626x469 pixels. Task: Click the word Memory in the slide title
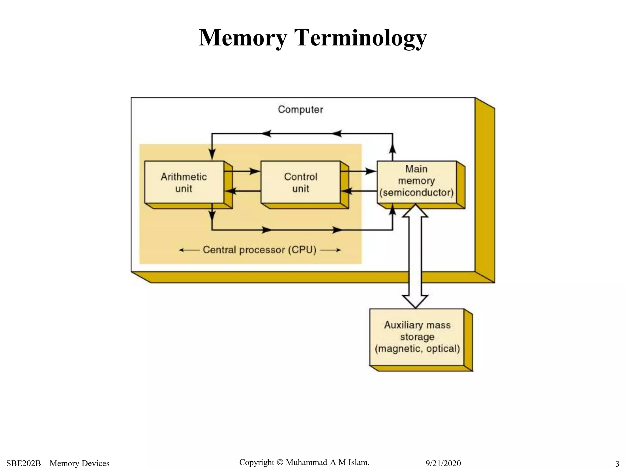pyautogui.click(x=243, y=38)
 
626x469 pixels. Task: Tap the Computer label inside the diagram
pyautogui.click(x=300, y=110)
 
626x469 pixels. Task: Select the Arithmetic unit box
pyautogui.click(x=184, y=182)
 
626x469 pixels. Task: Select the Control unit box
pyautogui.click(x=300, y=182)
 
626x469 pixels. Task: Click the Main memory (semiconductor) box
pyautogui.click(x=416, y=181)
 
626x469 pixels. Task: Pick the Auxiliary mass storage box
pyautogui.click(x=417, y=337)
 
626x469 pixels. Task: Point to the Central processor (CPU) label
pyautogui.click(x=260, y=250)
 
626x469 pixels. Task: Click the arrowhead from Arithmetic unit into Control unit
pyautogui.click(x=255, y=171)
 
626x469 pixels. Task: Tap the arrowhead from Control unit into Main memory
pyautogui.click(x=371, y=171)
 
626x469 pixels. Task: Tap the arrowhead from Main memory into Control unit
pyautogui.click(x=347, y=191)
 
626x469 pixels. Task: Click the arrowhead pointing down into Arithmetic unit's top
pyautogui.click(x=212, y=154)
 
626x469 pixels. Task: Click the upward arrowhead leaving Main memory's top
pyautogui.click(x=392, y=149)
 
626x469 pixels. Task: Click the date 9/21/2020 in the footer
pyautogui.click(x=443, y=463)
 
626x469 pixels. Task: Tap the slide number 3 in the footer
pyautogui.click(x=617, y=464)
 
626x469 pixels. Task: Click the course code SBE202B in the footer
pyautogui.click(x=24, y=463)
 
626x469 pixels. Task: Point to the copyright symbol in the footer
pyautogui.click(x=280, y=462)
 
